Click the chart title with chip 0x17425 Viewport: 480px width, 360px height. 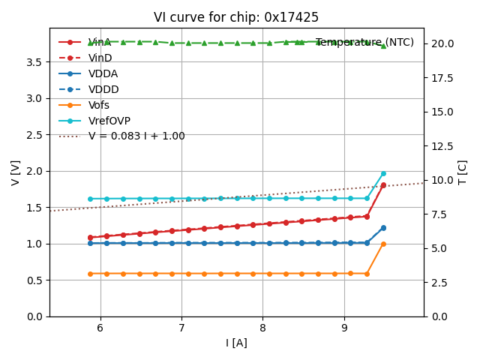coord(236,17)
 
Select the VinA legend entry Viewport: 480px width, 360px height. coord(100,42)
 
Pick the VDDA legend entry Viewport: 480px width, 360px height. coord(103,73)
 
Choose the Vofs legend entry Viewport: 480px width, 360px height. coord(98,105)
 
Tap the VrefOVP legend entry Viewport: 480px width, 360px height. coord(109,121)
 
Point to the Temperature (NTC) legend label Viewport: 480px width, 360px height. coord(364,42)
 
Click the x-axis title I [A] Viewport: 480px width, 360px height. coord(236,343)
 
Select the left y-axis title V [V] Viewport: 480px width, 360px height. coord(16,172)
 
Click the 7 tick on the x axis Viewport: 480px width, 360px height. coord(181,328)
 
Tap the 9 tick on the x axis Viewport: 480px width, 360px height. coord(344,328)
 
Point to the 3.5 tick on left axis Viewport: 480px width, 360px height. coord(34,61)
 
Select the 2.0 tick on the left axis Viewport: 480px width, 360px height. coord(34,171)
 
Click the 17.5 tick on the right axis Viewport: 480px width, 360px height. coord(442,77)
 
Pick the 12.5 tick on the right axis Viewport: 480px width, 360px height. coord(442,145)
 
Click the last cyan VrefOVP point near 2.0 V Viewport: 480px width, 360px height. coord(383,173)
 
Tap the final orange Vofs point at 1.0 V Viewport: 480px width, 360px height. coord(383,244)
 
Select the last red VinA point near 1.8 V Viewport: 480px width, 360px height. coord(383,185)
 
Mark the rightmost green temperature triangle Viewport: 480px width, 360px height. coord(383,46)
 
